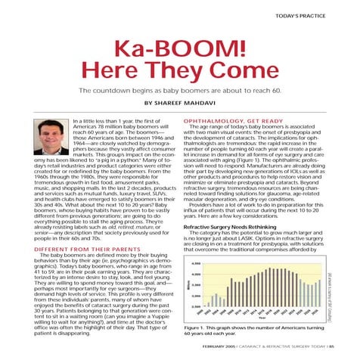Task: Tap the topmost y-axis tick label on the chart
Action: click(x=195, y=263)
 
